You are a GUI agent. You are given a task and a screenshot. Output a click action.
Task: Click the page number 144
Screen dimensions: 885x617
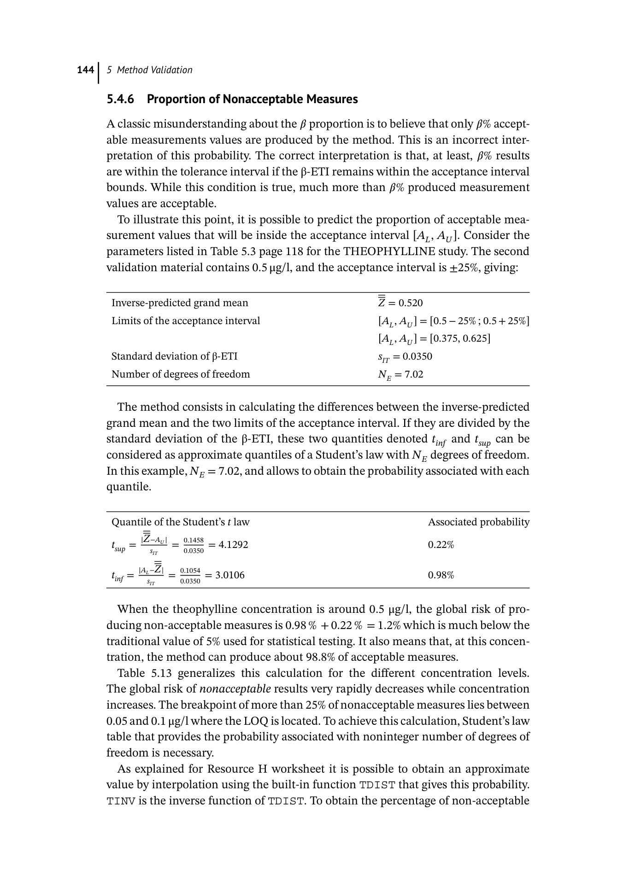point(85,70)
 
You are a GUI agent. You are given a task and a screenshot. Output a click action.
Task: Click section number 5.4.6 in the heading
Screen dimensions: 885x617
point(120,99)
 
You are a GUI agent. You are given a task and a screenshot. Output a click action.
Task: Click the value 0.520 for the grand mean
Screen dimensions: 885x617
point(411,303)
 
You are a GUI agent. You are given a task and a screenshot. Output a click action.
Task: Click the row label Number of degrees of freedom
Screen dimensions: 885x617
point(181,374)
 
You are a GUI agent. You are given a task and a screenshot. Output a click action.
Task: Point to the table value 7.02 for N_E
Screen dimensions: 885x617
point(413,374)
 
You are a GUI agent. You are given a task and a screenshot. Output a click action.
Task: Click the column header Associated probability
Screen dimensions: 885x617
point(478,522)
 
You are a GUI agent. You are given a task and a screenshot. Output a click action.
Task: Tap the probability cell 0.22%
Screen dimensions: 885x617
point(441,545)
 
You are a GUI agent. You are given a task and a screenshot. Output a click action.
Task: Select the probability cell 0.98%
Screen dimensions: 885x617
point(441,575)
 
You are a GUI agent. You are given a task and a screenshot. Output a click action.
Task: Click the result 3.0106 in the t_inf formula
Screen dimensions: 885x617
point(230,575)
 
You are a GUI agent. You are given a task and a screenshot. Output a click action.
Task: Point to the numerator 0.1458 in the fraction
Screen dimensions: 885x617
point(194,540)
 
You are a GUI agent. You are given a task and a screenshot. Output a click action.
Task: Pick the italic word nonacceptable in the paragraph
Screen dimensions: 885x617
point(235,689)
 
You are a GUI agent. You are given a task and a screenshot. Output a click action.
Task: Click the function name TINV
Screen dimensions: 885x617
point(121,801)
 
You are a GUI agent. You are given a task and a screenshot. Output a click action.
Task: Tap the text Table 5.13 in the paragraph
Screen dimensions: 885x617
point(144,673)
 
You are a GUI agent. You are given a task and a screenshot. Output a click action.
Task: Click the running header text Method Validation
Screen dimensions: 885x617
point(154,70)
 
